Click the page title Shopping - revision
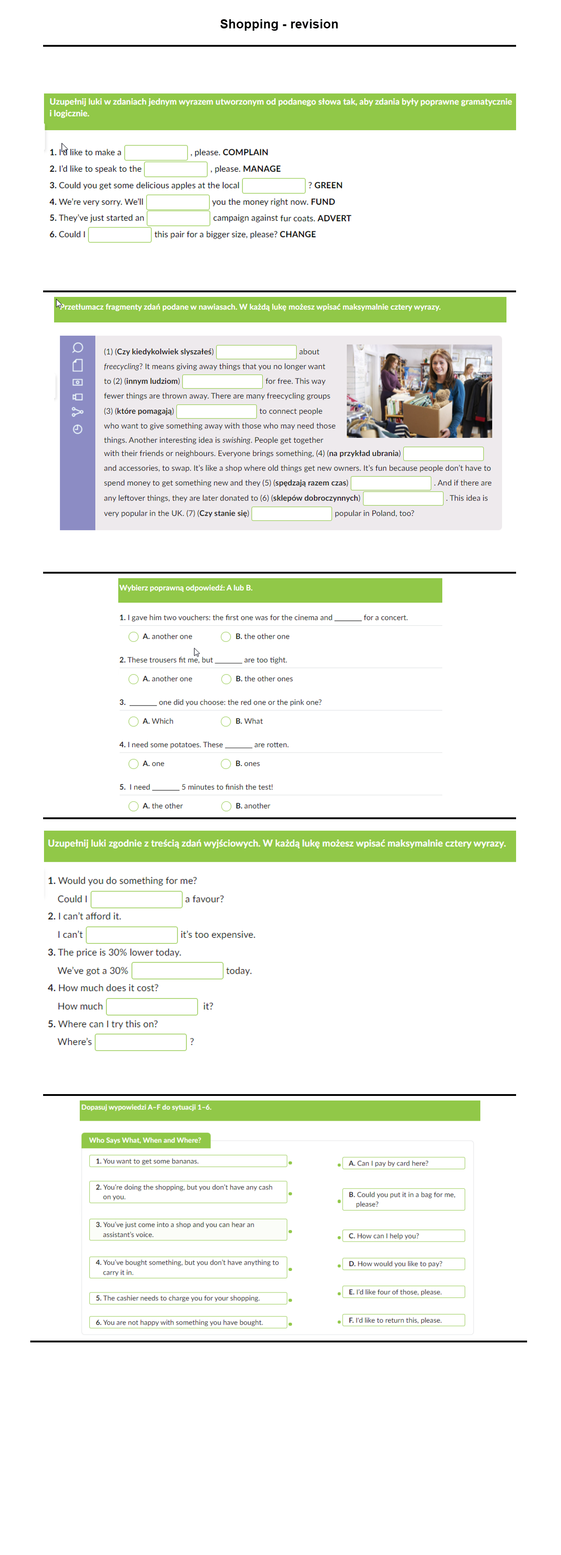pos(279,24)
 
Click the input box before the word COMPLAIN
pos(156,153)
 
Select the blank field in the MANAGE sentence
pos(176,169)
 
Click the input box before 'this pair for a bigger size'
pos(120,235)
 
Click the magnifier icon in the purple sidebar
pos(77,348)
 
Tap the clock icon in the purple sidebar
pos(77,429)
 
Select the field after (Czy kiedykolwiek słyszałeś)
pos(256,352)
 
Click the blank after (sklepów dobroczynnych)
pos(403,498)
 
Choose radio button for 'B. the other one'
pos(226,637)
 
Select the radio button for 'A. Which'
pos(133,721)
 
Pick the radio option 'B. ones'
pos(226,764)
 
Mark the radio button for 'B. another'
pos(226,806)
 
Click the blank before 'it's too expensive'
pos(132,935)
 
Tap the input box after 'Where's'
pos(141,1042)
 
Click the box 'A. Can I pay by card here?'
pos(403,1163)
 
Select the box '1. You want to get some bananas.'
pos(188,1161)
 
